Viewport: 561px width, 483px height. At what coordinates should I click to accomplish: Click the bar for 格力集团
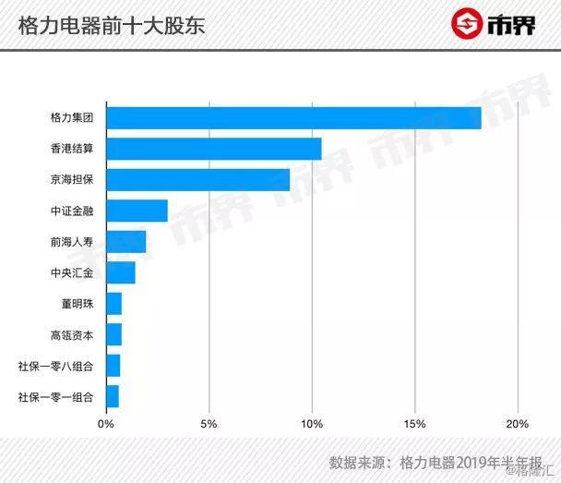click(x=293, y=118)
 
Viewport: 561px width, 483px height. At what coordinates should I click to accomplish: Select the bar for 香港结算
click(x=214, y=149)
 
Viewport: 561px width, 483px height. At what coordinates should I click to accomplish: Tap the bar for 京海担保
click(x=198, y=180)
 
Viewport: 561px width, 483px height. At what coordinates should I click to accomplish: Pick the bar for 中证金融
click(x=137, y=211)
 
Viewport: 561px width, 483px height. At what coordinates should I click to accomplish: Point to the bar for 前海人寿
click(x=126, y=242)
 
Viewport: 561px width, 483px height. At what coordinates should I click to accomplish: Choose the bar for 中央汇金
click(x=121, y=272)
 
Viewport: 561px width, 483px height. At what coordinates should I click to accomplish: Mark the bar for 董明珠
click(x=114, y=304)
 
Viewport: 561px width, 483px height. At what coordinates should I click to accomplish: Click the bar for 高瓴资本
click(x=114, y=334)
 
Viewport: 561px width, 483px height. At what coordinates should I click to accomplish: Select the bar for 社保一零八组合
click(x=113, y=366)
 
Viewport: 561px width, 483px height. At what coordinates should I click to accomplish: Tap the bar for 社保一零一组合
click(x=113, y=396)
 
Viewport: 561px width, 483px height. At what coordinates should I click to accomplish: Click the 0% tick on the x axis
click(x=106, y=424)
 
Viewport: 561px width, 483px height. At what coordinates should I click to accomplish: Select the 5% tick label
click(x=209, y=424)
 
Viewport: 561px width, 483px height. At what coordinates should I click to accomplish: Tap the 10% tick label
click(x=312, y=424)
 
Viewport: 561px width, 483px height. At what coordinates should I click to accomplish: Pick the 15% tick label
click(x=414, y=424)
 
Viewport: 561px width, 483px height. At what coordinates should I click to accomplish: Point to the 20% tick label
click(x=517, y=424)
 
